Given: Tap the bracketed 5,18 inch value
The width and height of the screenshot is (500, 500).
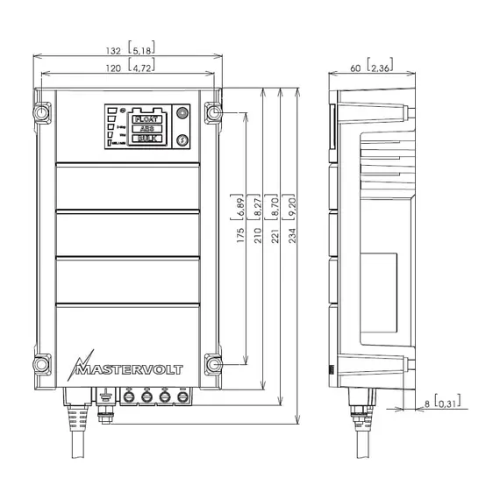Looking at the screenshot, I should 142,50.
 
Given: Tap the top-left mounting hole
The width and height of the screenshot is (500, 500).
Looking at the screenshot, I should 41,113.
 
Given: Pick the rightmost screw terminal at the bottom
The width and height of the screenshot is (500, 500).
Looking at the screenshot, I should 182,397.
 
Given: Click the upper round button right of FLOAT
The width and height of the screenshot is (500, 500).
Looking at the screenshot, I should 182,113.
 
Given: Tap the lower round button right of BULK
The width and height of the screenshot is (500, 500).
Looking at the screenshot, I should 182,139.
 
